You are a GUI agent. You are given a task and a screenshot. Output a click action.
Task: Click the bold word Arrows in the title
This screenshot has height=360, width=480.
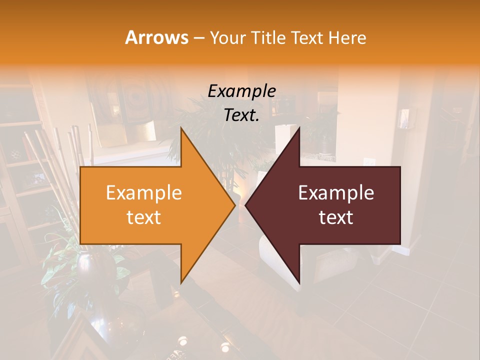click(156, 37)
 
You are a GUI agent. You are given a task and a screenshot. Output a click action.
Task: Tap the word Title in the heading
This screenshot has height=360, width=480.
click(269, 38)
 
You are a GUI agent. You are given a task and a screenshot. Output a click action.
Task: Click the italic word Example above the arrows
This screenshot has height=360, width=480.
click(241, 91)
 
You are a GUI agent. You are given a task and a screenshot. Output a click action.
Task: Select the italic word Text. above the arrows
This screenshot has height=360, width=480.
click(241, 115)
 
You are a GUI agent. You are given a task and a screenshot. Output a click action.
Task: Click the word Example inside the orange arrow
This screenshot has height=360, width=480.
click(144, 193)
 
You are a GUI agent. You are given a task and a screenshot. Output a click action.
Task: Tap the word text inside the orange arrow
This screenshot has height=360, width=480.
click(144, 217)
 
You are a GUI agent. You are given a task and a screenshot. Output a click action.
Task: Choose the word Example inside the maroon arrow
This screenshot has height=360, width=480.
click(336, 193)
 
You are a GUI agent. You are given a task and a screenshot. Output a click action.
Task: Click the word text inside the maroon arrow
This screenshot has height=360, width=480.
click(336, 217)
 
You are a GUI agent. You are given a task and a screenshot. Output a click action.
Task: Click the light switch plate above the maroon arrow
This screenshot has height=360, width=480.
click(368, 161)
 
